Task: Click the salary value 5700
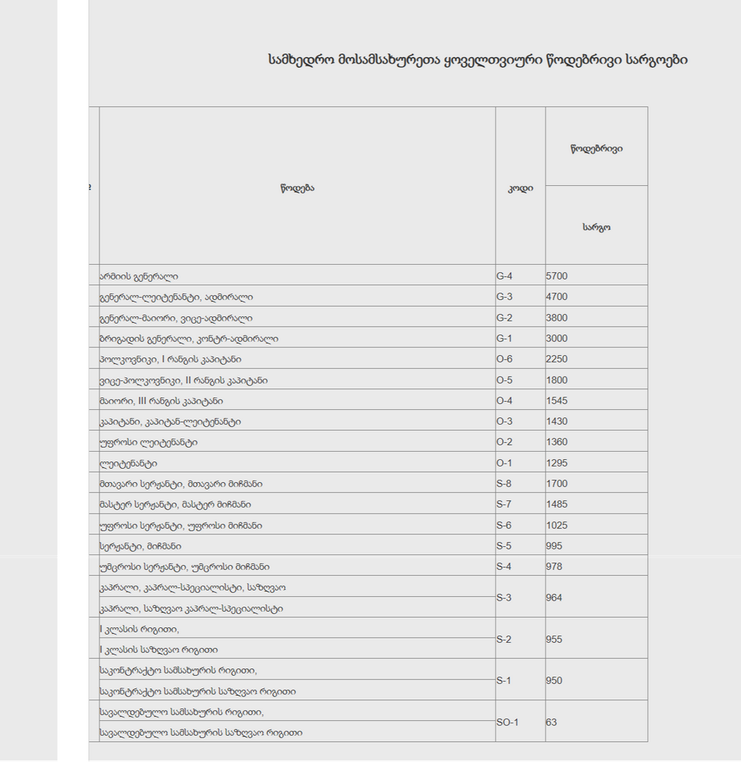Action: click(x=556, y=276)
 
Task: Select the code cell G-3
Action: click(x=504, y=297)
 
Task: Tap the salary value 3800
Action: click(x=556, y=318)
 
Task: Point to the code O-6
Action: click(x=504, y=359)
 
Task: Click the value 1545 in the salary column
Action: click(x=556, y=401)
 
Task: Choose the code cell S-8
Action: click(x=504, y=484)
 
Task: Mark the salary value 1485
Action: click(x=556, y=505)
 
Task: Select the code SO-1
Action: click(x=507, y=722)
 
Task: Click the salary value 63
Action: click(x=551, y=722)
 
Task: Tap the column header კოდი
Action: click(x=520, y=188)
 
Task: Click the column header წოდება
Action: click(x=298, y=188)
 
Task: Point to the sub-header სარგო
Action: click(x=596, y=227)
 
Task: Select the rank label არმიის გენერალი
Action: click(x=138, y=276)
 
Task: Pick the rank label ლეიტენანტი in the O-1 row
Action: click(x=128, y=463)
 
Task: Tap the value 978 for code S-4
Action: click(x=554, y=566)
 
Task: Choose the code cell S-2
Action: click(x=504, y=639)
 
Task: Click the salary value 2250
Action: click(x=556, y=359)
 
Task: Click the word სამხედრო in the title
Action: click(x=301, y=60)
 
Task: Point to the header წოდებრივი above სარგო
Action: click(x=597, y=148)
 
